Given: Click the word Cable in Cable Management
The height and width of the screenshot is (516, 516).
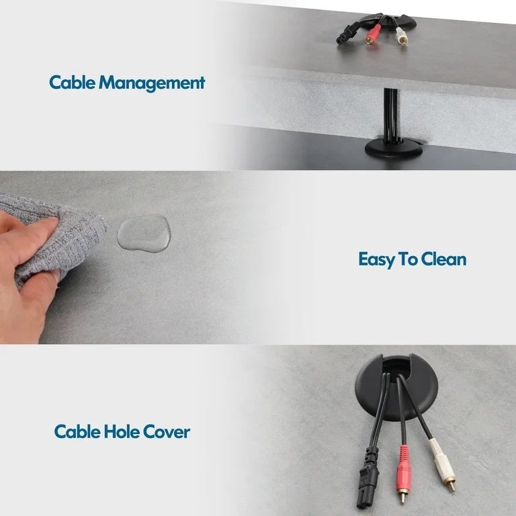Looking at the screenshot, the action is click(72, 82).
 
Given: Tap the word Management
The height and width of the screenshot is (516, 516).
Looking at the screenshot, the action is click(152, 83).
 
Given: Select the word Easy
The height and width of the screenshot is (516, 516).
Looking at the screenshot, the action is click(376, 259).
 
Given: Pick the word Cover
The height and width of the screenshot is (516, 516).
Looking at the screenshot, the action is click(167, 432).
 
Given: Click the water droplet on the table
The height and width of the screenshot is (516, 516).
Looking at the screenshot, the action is click(144, 233).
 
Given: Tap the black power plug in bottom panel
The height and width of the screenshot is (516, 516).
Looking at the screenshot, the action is click(368, 477).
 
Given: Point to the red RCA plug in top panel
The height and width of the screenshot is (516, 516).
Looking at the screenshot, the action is click(372, 34).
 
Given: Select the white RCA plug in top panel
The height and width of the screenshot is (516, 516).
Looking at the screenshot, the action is click(401, 36).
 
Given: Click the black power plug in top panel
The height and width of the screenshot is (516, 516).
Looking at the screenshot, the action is click(346, 35).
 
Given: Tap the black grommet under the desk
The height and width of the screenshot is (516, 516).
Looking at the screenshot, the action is click(394, 148).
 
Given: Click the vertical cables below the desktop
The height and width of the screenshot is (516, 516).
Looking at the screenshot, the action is click(390, 115).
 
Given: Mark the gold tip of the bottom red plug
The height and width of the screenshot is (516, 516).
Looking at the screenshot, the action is click(402, 497).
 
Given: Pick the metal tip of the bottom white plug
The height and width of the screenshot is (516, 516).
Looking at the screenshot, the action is click(452, 485).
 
